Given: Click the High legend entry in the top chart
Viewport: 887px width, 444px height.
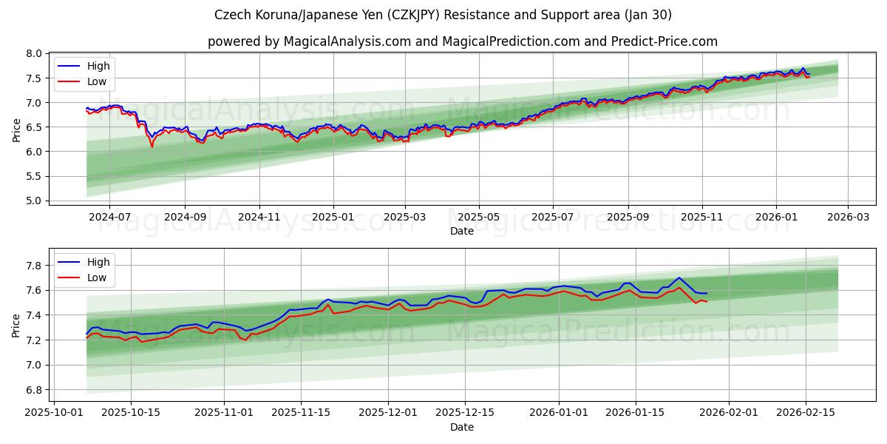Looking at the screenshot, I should coord(98,66).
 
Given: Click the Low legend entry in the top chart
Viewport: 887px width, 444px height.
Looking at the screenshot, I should coord(96,81).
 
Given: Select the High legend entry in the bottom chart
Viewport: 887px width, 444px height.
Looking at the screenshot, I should coord(98,262).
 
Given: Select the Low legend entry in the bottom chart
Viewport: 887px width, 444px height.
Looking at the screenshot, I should coord(96,277).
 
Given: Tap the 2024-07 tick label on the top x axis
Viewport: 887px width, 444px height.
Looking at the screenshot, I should coord(109,218).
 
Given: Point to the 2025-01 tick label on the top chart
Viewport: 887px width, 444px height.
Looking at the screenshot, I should coord(333,218).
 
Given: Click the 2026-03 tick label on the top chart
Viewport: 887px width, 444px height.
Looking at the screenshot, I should coord(847,218).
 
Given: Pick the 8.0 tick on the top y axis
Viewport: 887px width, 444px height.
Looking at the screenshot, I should coord(33,53).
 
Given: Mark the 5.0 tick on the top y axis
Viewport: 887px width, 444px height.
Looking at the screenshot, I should coord(33,201).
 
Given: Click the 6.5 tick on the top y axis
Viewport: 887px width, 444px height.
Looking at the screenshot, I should coord(33,127).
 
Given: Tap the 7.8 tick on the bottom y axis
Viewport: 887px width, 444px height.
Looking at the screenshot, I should coord(33,265).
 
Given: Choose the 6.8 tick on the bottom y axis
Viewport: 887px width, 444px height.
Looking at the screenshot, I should coord(33,390).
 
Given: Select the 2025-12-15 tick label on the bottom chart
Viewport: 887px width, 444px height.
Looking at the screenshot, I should coord(464,412).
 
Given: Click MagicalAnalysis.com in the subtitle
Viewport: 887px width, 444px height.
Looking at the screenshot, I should coord(347,41).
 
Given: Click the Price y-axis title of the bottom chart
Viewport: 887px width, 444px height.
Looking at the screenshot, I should coord(16,325).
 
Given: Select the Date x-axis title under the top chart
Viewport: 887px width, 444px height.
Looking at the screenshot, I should coord(462,231).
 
